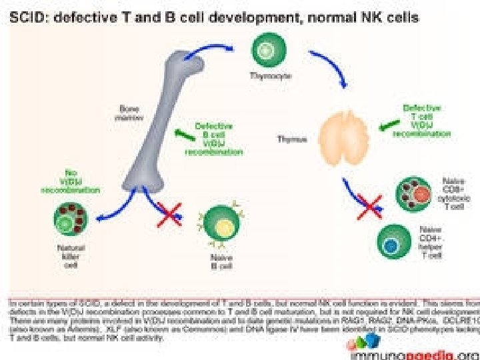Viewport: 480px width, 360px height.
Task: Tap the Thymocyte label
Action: [265, 77]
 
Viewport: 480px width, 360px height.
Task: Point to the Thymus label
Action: [291, 139]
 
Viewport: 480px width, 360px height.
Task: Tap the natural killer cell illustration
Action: [71, 223]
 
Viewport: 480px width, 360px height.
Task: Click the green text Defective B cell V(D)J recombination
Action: [214, 138]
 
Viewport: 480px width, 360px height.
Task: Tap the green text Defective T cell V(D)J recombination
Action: [422, 120]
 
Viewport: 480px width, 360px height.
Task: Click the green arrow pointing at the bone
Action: [181, 135]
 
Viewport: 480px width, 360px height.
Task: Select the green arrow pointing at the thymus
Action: [386, 125]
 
